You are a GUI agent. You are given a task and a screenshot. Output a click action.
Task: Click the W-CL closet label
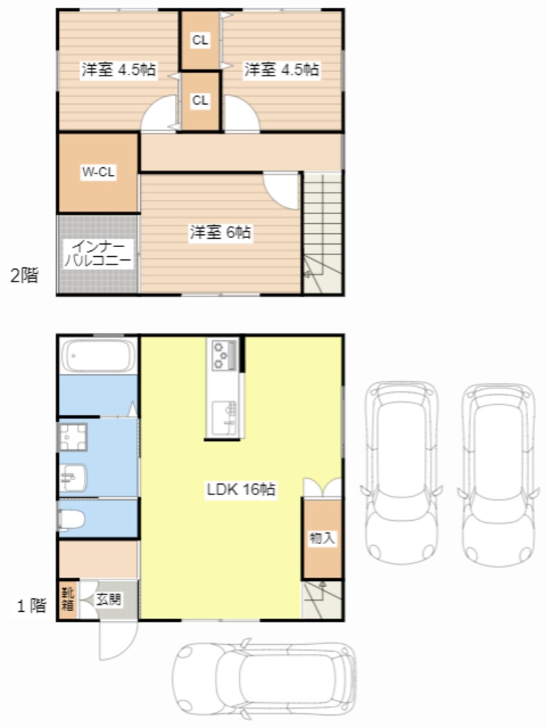[99, 172]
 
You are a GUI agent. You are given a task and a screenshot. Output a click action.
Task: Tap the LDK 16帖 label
[241, 489]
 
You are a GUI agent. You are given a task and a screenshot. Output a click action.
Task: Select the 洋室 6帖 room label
[220, 232]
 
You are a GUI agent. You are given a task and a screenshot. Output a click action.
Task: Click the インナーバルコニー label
[98, 254]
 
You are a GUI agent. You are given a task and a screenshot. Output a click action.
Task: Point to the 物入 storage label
[322, 538]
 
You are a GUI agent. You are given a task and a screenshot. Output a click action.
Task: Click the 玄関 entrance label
[108, 599]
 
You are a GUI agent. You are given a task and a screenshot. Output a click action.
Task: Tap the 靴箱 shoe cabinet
[68, 600]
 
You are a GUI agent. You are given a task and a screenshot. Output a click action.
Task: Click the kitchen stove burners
[223, 355]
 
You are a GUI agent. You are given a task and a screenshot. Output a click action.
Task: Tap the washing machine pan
[72, 437]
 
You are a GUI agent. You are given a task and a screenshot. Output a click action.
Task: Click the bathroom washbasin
[72, 478]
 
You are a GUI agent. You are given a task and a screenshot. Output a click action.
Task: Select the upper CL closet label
[200, 41]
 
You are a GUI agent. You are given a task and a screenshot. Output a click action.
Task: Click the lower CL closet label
[200, 100]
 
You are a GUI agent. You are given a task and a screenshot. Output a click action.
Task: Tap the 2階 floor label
[24, 276]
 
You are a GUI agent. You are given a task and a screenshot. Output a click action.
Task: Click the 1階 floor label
[32, 605]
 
